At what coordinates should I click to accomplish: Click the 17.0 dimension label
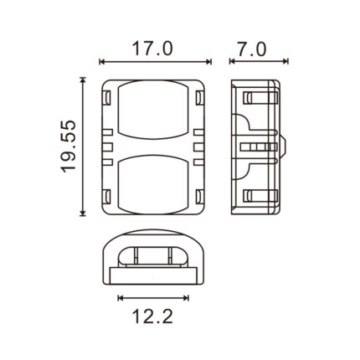pyautogui.click(x=152, y=49)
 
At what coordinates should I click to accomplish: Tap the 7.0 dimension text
pyautogui.click(x=252, y=49)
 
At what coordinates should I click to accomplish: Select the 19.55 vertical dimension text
pyautogui.click(x=69, y=147)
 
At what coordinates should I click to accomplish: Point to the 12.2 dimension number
pyautogui.click(x=152, y=316)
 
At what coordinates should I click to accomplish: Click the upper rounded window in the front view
pyautogui.click(x=152, y=110)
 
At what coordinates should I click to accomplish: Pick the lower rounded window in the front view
pyautogui.click(x=152, y=185)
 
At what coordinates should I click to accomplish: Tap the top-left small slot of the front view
pyautogui.click(x=107, y=97)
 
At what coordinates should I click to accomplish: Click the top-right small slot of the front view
pyautogui.click(x=199, y=97)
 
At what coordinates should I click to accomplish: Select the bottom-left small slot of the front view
pyautogui.click(x=107, y=197)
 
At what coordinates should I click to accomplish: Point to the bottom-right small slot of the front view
pyautogui.click(x=199, y=197)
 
